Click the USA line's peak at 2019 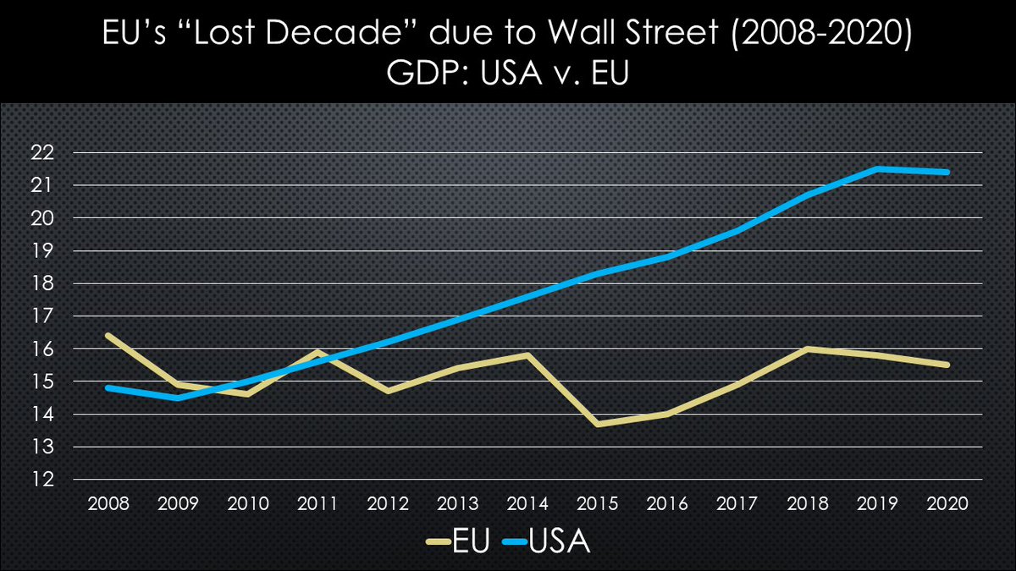pos(878,168)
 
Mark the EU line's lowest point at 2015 pos(598,424)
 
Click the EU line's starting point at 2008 pos(108,335)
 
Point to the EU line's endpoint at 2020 pos(947,365)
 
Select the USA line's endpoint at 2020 pos(947,172)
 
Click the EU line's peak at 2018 pos(808,349)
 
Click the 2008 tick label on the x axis pos(108,504)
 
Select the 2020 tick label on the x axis pos(947,504)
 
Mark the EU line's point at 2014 pos(527,355)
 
